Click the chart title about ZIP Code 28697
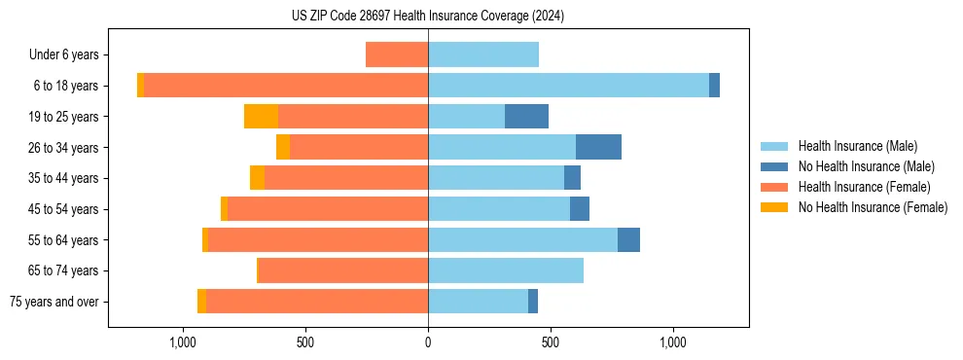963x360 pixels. point(428,17)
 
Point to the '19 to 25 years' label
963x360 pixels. point(63,117)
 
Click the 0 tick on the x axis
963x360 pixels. point(428,342)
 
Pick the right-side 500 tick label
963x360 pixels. point(551,342)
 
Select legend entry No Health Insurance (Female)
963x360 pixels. point(873,207)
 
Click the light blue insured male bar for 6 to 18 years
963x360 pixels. point(568,86)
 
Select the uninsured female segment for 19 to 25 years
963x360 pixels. point(261,117)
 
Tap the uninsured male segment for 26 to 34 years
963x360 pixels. point(598,147)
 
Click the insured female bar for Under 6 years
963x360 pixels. point(397,54)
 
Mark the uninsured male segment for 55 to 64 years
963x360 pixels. point(628,239)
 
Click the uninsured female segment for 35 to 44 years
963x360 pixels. point(257,178)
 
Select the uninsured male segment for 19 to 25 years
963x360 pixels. point(526,117)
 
